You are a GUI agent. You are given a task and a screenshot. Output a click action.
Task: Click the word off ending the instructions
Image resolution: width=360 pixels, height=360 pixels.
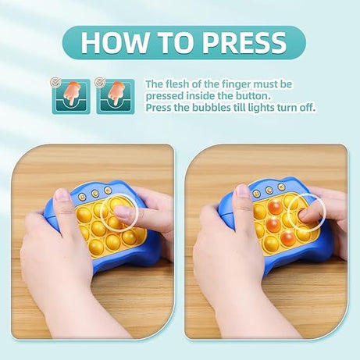click(308, 108)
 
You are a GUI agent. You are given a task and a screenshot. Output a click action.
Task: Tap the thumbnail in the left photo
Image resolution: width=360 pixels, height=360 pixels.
click(62, 194)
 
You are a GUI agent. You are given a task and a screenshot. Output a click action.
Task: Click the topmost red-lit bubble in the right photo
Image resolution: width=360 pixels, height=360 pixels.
click(275, 209)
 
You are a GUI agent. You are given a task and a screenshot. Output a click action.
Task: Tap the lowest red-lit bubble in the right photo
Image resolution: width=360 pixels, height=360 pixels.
click(288, 237)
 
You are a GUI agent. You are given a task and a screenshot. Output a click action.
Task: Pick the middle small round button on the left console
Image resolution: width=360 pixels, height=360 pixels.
click(97, 191)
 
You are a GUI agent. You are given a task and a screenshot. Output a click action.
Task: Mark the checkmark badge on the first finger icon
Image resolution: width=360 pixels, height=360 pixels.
click(56, 81)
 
